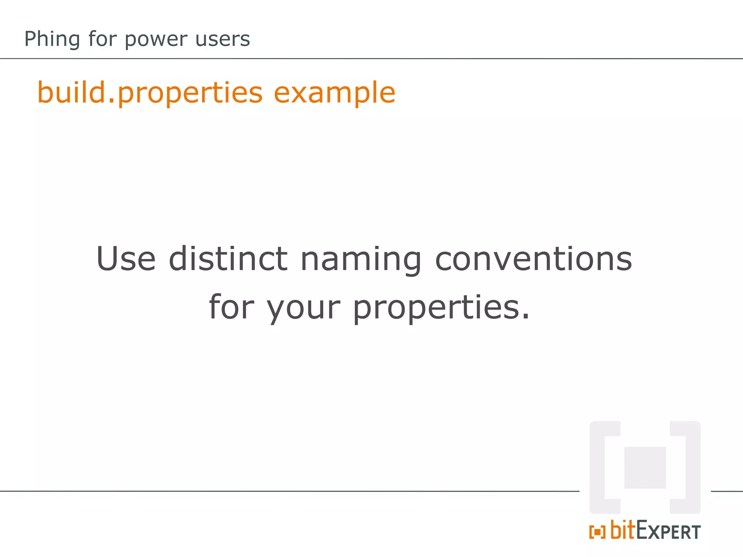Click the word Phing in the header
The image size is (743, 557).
point(52,39)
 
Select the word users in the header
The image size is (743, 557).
point(222,39)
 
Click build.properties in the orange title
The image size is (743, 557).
point(150,93)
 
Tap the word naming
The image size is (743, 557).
point(361,260)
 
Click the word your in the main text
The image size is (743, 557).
point(304,308)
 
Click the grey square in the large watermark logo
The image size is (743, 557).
point(645,467)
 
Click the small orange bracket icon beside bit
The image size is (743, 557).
point(597,532)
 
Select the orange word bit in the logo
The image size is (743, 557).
point(623,530)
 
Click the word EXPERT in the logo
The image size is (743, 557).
point(668,531)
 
